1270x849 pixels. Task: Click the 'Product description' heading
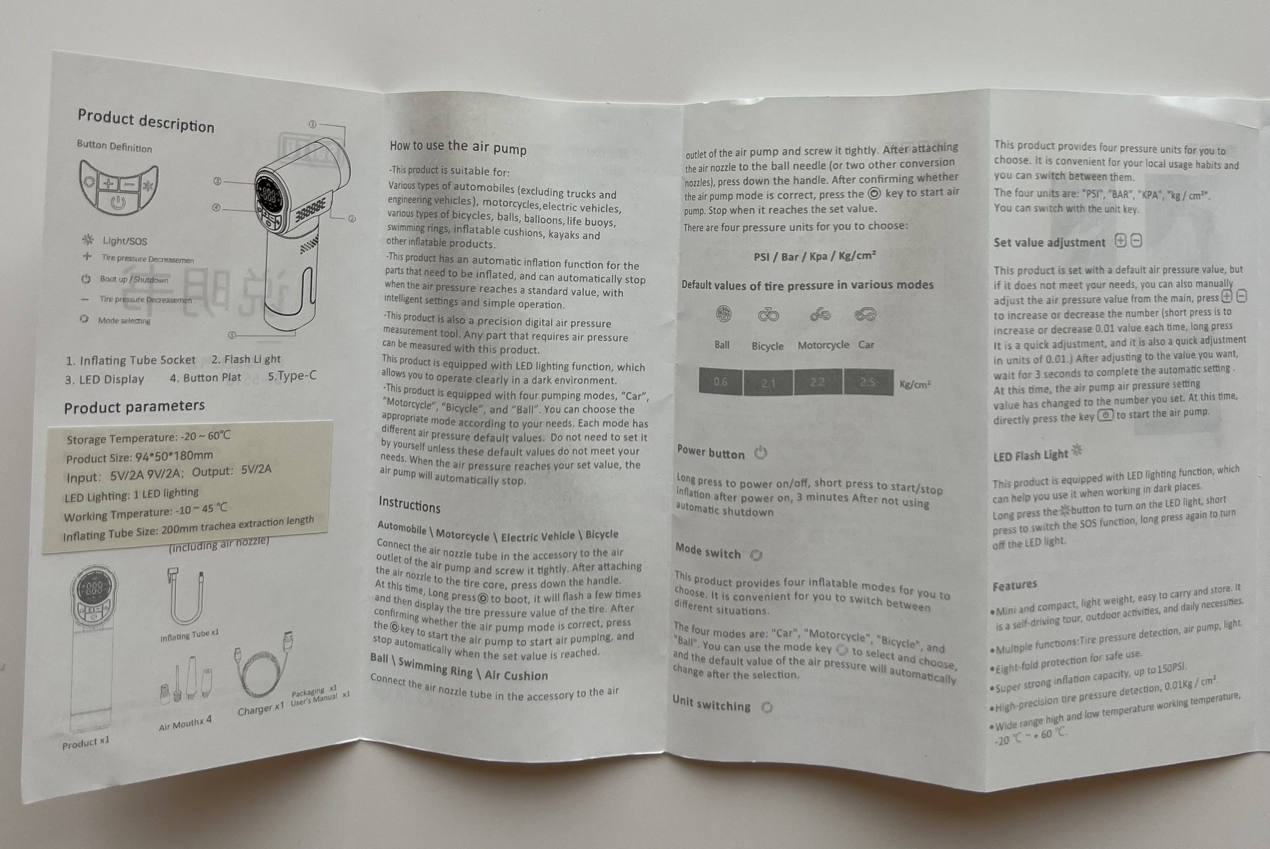[x=146, y=121]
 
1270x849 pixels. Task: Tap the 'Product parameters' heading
[x=134, y=406]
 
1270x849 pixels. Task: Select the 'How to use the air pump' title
[x=458, y=147]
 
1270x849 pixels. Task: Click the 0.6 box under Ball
[x=720, y=382]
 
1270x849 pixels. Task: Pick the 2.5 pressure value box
[x=868, y=382]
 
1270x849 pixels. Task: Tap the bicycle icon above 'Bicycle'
[x=768, y=315]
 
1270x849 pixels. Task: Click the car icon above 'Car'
[x=865, y=314]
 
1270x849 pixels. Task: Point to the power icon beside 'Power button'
[x=761, y=452]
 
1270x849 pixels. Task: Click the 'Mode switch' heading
[x=707, y=551]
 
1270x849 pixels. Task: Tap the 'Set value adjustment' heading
[x=1049, y=243]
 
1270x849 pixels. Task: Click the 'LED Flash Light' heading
[x=1031, y=456]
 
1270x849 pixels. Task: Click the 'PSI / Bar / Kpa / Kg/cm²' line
[x=815, y=256]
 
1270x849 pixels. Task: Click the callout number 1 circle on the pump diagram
[x=313, y=125]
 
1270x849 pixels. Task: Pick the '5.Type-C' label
[x=292, y=376]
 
